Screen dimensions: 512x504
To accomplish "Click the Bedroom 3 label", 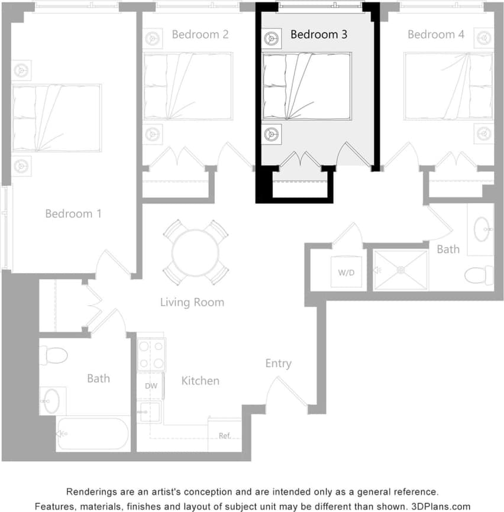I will point(318,34).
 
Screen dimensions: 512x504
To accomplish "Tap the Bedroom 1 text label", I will point(73,213).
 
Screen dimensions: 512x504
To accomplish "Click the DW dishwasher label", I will point(151,385).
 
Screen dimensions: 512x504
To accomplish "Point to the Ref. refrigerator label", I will point(225,436).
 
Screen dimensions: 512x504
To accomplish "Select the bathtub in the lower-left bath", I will point(93,435).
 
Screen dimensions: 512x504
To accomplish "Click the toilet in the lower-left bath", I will point(53,355).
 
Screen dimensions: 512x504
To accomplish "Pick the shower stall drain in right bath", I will point(400,270).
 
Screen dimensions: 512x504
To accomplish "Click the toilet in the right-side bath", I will point(479,275).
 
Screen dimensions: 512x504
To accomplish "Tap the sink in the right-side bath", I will point(482,228).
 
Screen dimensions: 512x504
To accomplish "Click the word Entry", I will point(278,364).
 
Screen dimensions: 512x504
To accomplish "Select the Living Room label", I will point(192,302).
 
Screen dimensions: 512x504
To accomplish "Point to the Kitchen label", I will point(200,381).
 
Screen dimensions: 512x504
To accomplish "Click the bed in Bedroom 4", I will point(448,86).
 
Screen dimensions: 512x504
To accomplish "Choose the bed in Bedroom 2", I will point(188,86).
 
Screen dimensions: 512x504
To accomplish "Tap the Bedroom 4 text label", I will point(435,34).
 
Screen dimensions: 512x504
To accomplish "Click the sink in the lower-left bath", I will point(53,401).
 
